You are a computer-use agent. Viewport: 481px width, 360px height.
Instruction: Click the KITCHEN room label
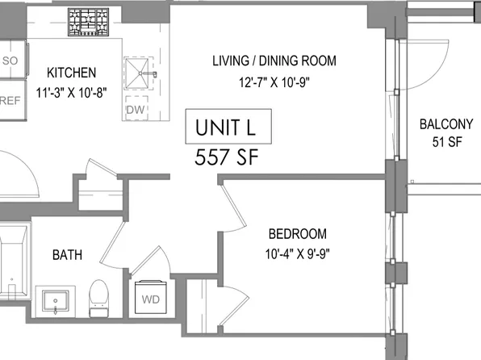(72, 72)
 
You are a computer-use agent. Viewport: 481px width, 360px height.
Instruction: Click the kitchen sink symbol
(144, 74)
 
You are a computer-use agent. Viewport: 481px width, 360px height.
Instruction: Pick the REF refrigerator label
(10, 101)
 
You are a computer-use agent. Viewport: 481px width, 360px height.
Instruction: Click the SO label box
(10, 61)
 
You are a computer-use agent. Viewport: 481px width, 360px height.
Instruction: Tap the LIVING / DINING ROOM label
(274, 61)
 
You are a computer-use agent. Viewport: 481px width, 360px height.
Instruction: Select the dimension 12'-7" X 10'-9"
(274, 81)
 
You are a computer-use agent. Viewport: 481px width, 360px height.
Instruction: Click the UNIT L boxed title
(228, 127)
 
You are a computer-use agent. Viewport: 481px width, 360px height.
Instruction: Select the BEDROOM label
(297, 234)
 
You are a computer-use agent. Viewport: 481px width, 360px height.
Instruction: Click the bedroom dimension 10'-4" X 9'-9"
(297, 253)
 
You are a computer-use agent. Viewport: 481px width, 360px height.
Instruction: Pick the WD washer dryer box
(152, 298)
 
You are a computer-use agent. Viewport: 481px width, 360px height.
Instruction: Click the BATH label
(66, 255)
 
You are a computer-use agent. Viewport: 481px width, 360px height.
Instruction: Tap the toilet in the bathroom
(98, 295)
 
